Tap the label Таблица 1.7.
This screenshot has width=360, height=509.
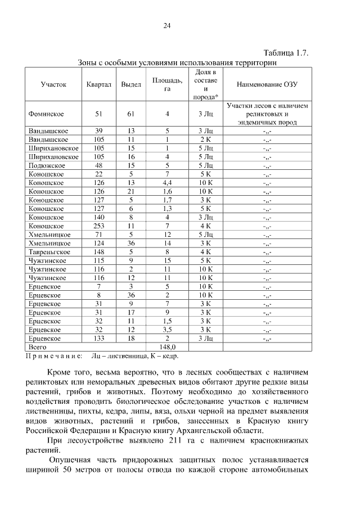coord(284,53)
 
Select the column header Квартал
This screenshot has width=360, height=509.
coord(99,84)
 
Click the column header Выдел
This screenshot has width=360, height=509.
coord(131,84)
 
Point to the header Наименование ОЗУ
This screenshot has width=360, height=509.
coord(267,84)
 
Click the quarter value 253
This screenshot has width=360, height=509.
coord(99,226)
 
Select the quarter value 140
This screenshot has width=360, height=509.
coord(99,217)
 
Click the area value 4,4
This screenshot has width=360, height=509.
coord(167,183)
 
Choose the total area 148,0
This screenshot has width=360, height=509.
coord(167,347)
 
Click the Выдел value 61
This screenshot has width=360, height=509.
coord(131,114)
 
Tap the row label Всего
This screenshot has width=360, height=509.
coord(38,347)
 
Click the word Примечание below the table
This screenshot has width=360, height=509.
coord(54,355)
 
